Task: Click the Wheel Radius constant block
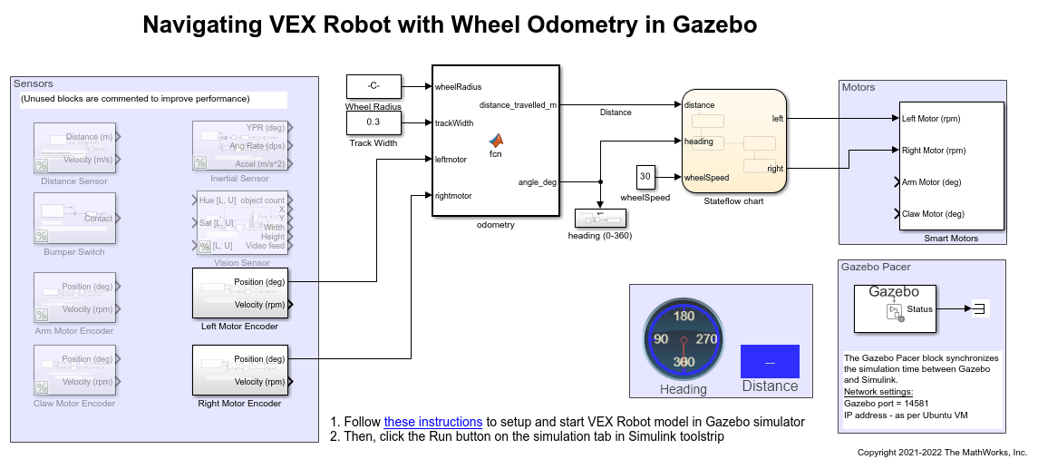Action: tap(373, 86)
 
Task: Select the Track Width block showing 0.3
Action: tap(373, 122)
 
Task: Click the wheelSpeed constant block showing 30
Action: tap(645, 176)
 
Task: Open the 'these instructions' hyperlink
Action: tap(432, 422)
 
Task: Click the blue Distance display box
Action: tap(770, 361)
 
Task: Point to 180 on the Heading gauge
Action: tap(684, 317)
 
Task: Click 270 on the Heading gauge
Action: tap(707, 338)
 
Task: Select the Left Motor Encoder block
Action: tap(240, 293)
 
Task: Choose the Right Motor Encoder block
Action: tap(240, 370)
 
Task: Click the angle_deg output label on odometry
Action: tap(537, 182)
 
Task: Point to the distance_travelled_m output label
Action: tap(518, 105)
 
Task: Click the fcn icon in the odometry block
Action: tap(496, 142)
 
